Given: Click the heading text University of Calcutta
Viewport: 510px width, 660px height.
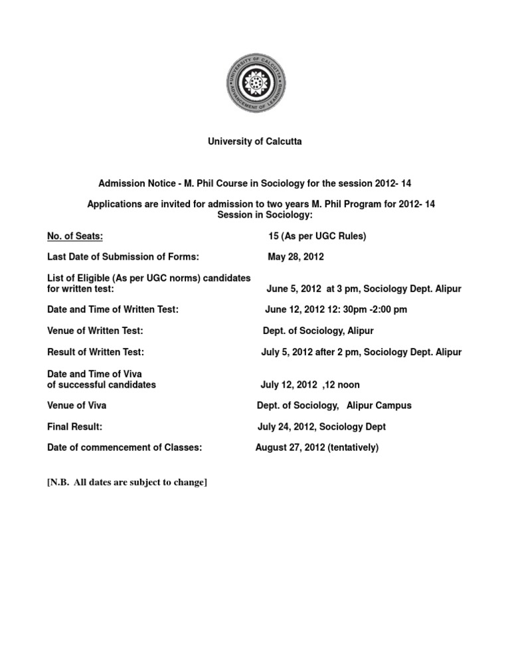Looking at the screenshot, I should [256, 142].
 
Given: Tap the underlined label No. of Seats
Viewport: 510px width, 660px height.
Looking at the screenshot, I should [75, 236].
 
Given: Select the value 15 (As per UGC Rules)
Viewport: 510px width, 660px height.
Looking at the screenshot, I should [317, 236].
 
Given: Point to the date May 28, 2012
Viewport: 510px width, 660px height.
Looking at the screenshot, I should [296, 257].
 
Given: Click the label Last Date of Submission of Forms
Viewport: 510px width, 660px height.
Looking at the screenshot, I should [124, 257].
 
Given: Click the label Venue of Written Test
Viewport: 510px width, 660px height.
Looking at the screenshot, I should [96, 331].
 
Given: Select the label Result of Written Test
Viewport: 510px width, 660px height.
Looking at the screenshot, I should [96, 352].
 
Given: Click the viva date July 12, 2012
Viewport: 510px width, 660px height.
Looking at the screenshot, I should [286, 384].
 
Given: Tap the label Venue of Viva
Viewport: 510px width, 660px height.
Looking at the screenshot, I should [77, 406].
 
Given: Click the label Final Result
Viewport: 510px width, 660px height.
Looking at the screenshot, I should [74, 427].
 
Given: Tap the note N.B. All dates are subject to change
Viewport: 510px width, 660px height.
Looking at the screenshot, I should [127, 483].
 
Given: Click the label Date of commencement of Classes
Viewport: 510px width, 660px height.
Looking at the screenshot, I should [125, 448].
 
